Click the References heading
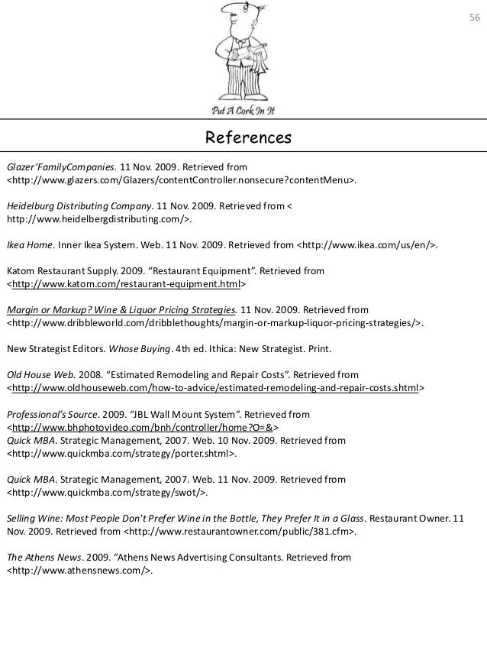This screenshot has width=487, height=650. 243,138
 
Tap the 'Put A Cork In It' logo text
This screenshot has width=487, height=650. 243,110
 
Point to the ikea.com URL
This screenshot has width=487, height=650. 366,246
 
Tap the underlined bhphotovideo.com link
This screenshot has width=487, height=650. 143,428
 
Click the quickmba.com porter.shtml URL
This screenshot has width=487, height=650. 121,454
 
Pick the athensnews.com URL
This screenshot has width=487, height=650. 81,571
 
